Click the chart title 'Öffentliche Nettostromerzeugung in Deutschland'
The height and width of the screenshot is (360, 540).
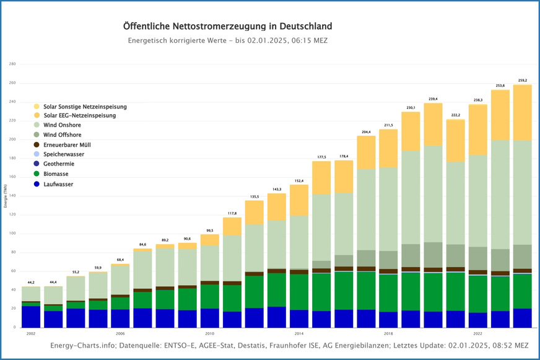(227, 27)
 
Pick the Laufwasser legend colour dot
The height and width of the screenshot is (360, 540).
(37, 184)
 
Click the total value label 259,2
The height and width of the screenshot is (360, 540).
(523, 81)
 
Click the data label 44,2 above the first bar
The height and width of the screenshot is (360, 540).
(30, 283)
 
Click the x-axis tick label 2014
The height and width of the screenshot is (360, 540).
(299, 333)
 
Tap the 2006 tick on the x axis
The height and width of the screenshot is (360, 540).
(120, 333)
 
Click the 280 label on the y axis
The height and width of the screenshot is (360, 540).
(12, 64)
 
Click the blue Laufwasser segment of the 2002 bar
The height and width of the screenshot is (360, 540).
(30, 317)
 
